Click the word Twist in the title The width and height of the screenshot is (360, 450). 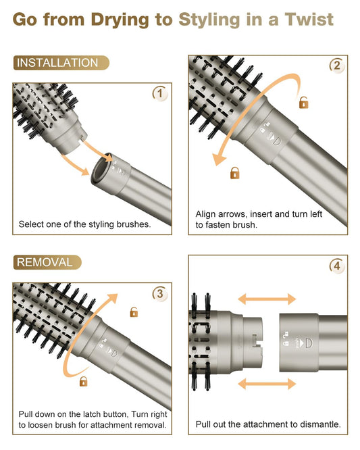(x=309, y=20)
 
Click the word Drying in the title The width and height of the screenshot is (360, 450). (x=120, y=20)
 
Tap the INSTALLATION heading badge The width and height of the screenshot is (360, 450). (x=61, y=63)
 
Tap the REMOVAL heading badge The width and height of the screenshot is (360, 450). (x=47, y=262)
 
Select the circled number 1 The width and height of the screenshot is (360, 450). (x=160, y=93)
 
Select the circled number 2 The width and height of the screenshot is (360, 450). (x=337, y=66)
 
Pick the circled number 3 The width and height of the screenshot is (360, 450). (x=160, y=294)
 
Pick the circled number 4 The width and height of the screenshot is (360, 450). (x=337, y=266)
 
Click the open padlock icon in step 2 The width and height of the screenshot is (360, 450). (x=303, y=102)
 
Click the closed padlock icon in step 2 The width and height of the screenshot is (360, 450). (x=234, y=173)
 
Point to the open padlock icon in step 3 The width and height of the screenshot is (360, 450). (x=134, y=312)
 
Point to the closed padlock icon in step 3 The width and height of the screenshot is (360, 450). (x=83, y=381)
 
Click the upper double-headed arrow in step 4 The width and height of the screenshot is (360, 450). (x=267, y=299)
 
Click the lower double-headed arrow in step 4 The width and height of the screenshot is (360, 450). (x=267, y=384)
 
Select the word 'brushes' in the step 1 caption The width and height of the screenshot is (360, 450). (x=134, y=224)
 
